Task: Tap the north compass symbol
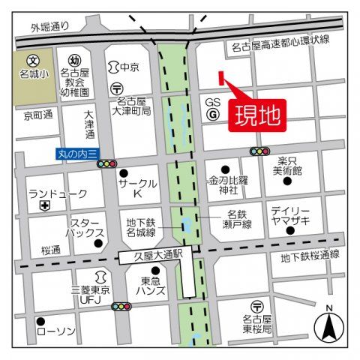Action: tap(328, 325)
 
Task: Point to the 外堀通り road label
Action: tap(50, 27)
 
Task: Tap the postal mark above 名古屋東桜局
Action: tap(258, 307)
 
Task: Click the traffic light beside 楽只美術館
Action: tap(259, 151)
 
